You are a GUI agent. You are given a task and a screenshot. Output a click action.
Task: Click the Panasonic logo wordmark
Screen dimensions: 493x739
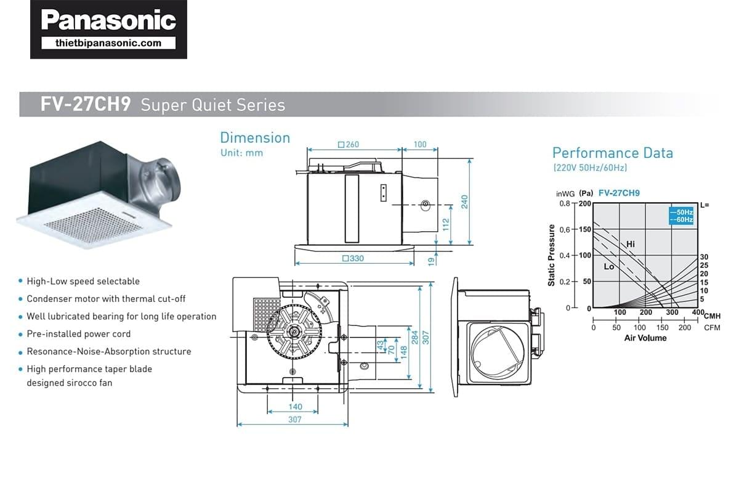(108, 20)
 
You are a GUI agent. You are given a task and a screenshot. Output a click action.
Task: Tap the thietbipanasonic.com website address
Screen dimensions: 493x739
(108, 43)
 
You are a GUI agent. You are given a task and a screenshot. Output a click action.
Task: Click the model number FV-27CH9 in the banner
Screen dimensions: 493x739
(85, 105)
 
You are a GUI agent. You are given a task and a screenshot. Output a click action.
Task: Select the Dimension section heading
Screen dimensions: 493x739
(255, 137)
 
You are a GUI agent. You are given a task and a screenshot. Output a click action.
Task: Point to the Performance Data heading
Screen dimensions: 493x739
(612, 153)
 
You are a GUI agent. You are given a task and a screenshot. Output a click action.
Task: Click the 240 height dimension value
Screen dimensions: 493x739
(465, 202)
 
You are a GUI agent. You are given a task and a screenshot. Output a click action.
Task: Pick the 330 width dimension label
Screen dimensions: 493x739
(353, 259)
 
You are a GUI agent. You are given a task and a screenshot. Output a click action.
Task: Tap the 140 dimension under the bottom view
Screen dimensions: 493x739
(295, 407)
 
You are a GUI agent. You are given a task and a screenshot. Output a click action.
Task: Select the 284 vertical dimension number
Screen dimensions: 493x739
(414, 337)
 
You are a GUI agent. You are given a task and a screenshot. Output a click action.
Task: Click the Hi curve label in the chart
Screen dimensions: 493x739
(630, 244)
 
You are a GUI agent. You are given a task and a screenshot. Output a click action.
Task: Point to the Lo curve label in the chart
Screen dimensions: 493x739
(608, 267)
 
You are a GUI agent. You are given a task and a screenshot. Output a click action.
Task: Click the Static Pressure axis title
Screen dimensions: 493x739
(551, 255)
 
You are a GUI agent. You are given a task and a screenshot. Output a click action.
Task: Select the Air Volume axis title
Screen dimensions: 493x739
(645, 338)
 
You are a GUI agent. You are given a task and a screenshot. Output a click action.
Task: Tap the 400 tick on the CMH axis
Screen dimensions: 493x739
(697, 312)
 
